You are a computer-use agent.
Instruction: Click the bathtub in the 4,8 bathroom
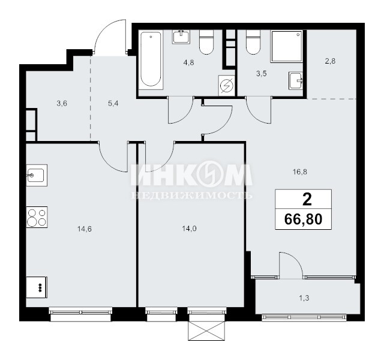click(151, 59)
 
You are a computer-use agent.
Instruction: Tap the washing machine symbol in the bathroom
click(227, 85)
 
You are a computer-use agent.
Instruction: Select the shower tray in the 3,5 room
click(287, 46)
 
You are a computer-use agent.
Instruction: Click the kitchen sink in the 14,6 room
click(37, 175)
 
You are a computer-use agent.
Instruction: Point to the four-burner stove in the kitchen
click(37, 217)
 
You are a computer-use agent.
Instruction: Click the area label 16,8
click(300, 172)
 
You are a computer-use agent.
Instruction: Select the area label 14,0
click(189, 229)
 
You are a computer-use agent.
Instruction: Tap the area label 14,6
click(85, 229)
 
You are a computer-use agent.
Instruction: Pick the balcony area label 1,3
click(304, 298)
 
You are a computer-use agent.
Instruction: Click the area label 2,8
click(330, 61)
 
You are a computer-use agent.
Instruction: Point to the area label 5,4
click(113, 104)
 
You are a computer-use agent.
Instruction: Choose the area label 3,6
click(62, 104)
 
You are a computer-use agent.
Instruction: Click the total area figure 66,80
click(303, 219)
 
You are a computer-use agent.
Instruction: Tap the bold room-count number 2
click(307, 199)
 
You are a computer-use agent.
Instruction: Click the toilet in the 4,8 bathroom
click(206, 42)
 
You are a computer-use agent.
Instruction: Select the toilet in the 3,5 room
click(253, 42)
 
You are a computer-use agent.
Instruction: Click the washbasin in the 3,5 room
click(296, 81)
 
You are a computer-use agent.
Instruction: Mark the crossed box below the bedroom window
click(206, 331)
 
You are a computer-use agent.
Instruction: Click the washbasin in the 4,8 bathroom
click(181, 37)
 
